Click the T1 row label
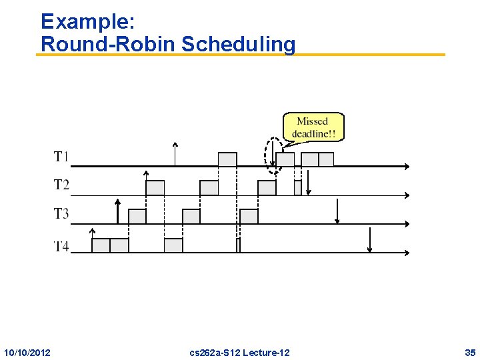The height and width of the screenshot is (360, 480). (x=61, y=157)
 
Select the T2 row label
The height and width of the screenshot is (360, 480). (x=61, y=185)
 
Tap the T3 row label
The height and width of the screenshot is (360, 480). (x=61, y=214)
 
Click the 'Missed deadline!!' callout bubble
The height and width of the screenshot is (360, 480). (x=313, y=127)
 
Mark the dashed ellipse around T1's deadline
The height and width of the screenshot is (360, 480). (x=273, y=155)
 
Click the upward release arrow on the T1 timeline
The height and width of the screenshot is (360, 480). (x=175, y=154)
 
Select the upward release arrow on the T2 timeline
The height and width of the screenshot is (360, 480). (x=146, y=182)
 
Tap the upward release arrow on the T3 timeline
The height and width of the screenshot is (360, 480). (x=117, y=211)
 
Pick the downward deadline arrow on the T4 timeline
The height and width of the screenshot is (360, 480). (x=370, y=240)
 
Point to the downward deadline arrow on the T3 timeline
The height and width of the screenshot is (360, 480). (x=337, y=211)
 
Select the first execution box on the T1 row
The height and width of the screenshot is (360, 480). (x=227, y=159)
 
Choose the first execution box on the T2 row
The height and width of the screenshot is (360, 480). (x=155, y=188)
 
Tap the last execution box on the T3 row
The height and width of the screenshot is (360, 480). (x=249, y=217)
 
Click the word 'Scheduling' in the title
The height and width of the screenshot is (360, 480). (x=238, y=44)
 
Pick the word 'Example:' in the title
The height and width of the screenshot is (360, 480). (x=88, y=21)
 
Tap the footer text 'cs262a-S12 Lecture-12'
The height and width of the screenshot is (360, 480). (x=240, y=352)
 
